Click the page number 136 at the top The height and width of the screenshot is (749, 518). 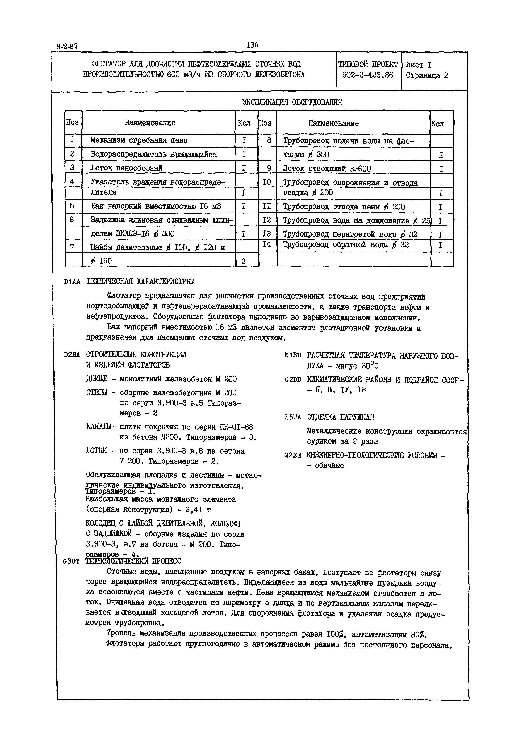pos(252,45)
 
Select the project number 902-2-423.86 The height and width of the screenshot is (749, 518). pos(368,75)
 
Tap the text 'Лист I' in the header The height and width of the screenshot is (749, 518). pos(419,65)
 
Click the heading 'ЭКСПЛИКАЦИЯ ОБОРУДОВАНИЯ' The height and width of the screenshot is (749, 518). pos(292,102)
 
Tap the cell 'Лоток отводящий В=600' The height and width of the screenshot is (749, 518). pos(327,169)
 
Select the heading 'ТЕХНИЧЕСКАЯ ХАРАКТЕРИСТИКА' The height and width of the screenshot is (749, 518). pos(141,281)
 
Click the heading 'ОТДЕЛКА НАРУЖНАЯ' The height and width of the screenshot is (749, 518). pos(341,417)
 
